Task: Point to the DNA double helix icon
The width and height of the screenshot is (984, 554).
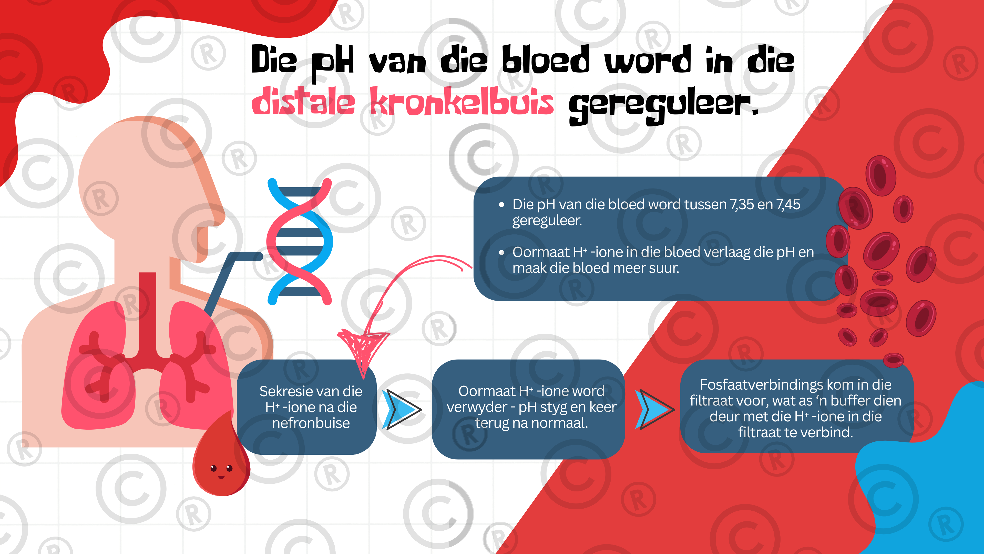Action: [300, 242]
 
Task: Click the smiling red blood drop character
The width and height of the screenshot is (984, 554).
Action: [222, 459]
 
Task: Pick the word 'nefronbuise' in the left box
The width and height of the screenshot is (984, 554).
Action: [311, 423]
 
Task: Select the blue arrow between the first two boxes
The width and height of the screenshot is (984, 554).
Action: [403, 410]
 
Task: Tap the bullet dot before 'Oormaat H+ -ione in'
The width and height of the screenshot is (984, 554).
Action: [501, 252]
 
